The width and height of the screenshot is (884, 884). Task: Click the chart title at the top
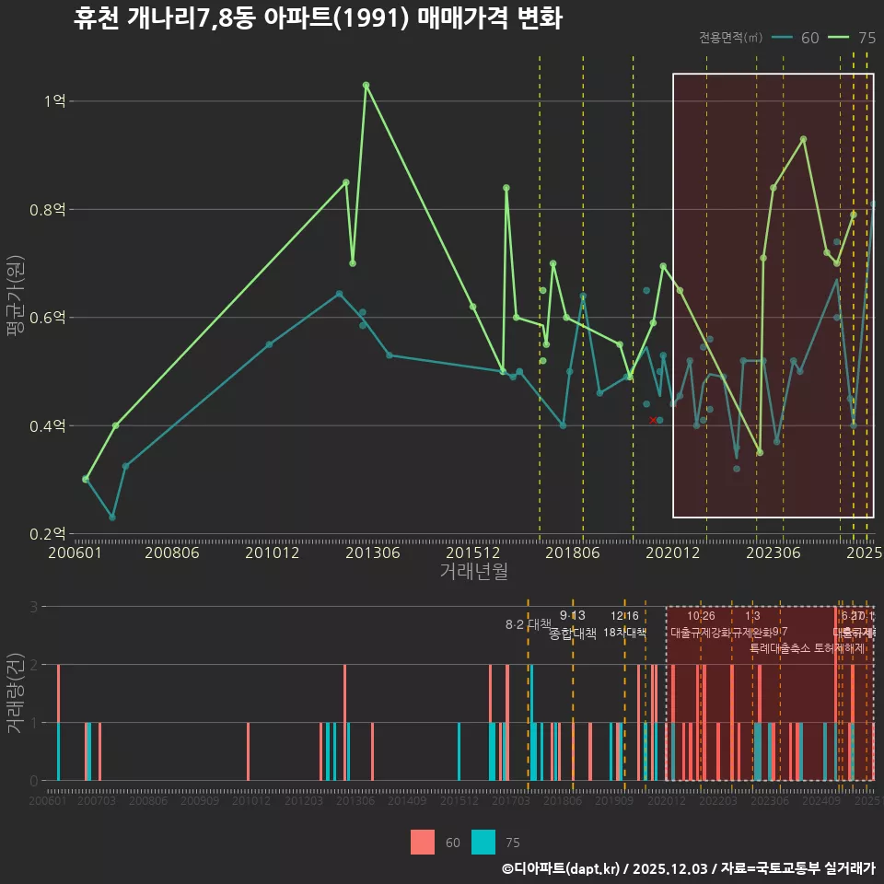point(318,18)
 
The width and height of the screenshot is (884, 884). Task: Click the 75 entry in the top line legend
point(867,38)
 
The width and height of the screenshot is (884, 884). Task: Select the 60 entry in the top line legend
point(810,38)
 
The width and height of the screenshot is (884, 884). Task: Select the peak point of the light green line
point(366,85)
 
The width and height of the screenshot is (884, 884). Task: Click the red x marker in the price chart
point(653,420)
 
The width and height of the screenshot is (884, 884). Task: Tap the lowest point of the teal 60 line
point(112,518)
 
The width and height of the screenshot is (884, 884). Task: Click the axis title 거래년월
point(473,572)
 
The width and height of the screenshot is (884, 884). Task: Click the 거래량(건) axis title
point(16,693)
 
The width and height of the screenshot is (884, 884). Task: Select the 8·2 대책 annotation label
point(528,624)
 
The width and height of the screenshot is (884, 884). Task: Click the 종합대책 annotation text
point(573,634)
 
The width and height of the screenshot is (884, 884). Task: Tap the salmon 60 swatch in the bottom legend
point(423,842)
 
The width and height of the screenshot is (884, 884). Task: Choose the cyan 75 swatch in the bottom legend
point(483,842)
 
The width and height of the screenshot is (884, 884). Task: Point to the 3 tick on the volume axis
point(34,607)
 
